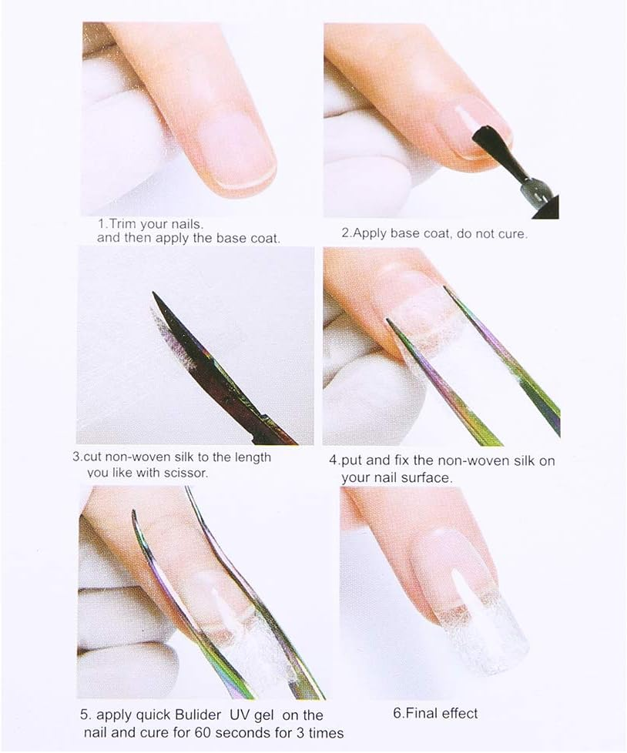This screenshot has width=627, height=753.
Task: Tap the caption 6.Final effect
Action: click(x=435, y=713)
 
